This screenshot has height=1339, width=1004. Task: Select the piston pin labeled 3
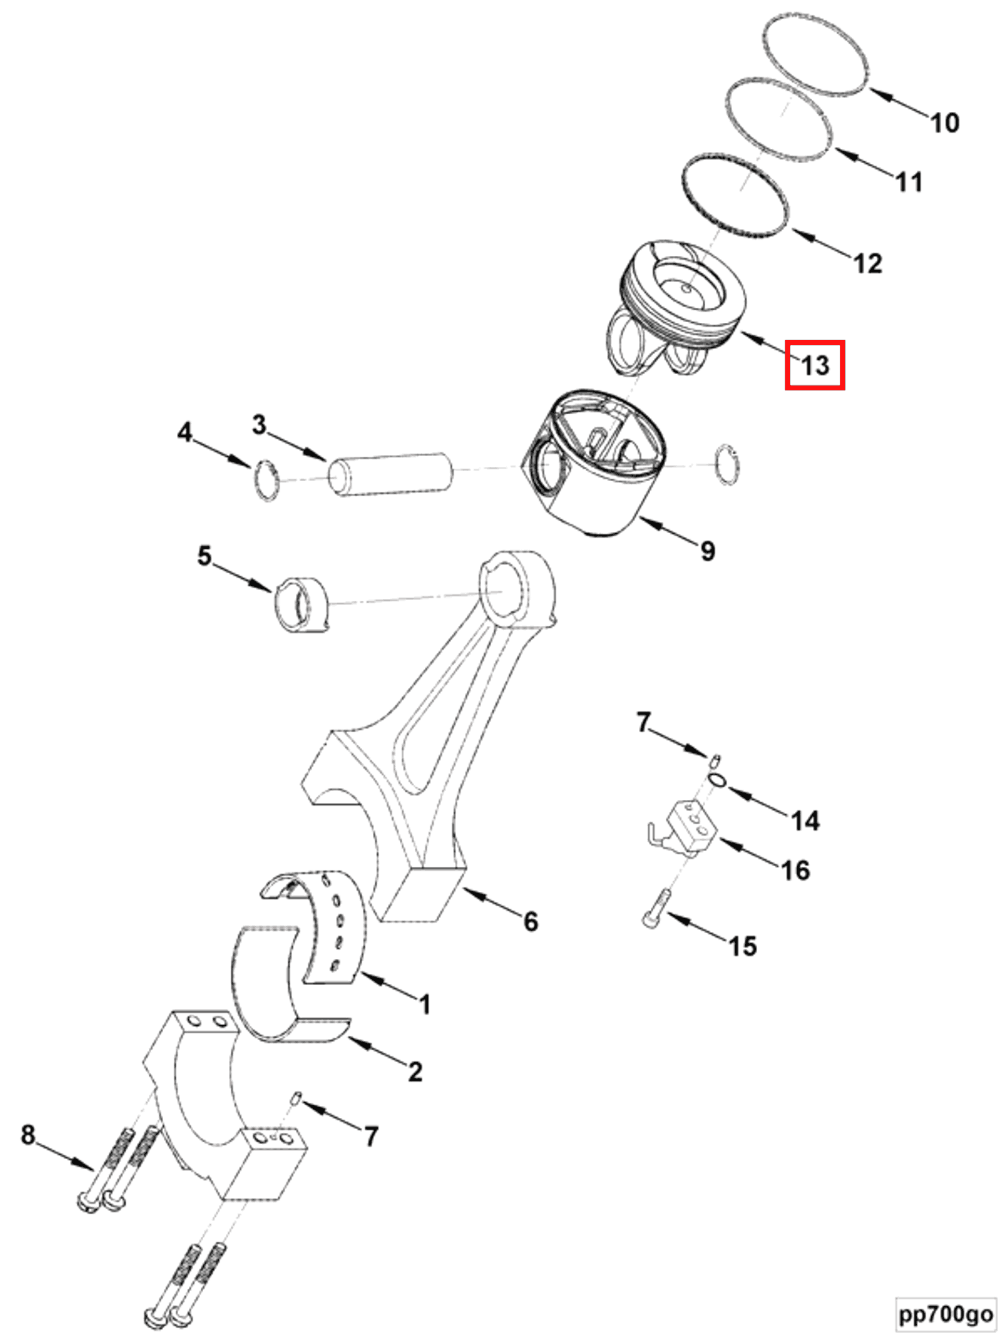click(390, 475)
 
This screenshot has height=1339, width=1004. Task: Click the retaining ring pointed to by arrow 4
click(267, 481)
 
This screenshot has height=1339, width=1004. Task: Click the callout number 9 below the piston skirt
click(707, 551)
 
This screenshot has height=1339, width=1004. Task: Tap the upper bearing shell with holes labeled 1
click(336, 926)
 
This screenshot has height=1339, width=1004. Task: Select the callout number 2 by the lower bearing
click(415, 1071)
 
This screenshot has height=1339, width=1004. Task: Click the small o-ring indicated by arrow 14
click(717, 780)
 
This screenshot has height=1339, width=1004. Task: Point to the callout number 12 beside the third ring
click(867, 264)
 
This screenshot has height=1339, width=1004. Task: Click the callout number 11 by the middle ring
click(908, 182)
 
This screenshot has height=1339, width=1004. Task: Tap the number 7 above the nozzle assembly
click(642, 722)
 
